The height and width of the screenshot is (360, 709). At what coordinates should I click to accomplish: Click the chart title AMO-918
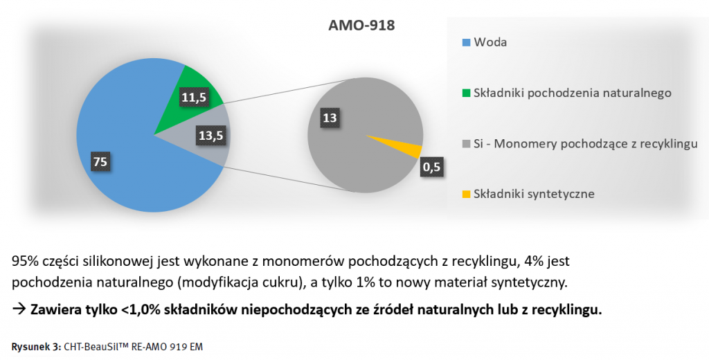click(x=361, y=27)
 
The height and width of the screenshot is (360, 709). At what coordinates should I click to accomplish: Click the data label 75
click(x=100, y=161)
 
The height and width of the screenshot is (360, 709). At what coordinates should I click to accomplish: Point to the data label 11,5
click(x=194, y=97)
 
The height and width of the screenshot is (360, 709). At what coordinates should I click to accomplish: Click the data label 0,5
click(x=432, y=166)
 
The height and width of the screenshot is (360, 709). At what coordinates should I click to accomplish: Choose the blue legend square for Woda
click(x=466, y=43)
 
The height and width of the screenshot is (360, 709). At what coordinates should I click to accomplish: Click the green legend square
click(x=466, y=93)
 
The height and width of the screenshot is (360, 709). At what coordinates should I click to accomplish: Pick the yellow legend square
click(x=466, y=194)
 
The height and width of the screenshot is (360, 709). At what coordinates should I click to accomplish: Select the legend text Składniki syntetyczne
click(x=534, y=194)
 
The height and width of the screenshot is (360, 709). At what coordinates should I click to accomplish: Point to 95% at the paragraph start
click(x=25, y=262)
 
